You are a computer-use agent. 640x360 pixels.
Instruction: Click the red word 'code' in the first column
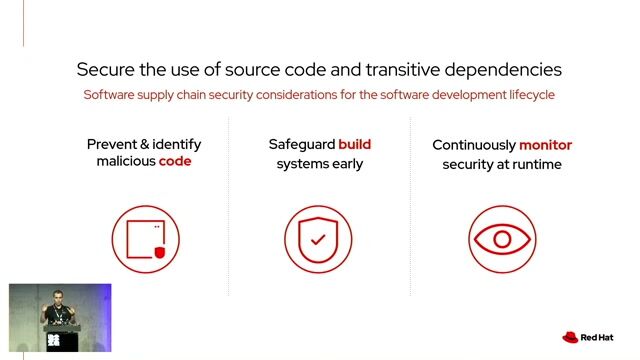pos(175,162)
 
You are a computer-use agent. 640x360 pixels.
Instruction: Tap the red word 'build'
pos(354,145)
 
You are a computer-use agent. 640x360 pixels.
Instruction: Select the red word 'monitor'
pos(545,145)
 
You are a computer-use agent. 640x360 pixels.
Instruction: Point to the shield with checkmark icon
pos(318,239)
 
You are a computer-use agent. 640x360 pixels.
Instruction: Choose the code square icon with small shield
pos(145,239)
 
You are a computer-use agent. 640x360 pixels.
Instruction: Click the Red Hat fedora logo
pos(571,338)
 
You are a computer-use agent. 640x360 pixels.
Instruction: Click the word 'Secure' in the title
pos(107,70)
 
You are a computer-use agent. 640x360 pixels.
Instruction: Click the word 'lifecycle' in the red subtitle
pos(527,95)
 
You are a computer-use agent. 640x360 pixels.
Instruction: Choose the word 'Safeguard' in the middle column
pos(301,145)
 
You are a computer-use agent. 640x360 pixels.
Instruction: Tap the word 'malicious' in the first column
pos(125,162)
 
